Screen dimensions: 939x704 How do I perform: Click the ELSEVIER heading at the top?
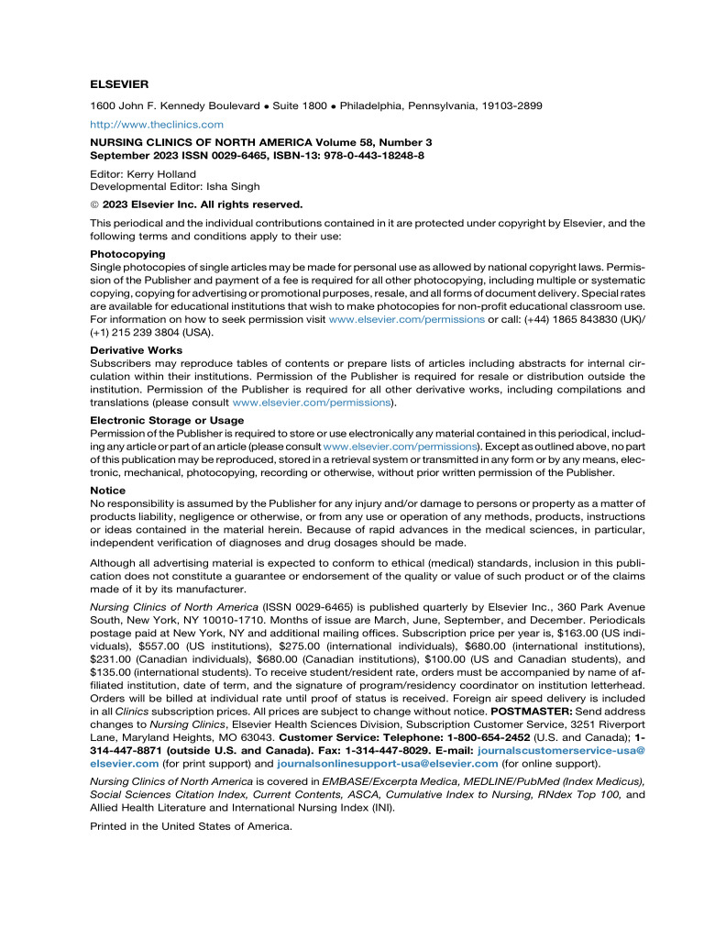click(123, 85)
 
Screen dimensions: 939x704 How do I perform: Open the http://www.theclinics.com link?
click(156, 124)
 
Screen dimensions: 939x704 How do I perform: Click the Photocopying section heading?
click(127, 253)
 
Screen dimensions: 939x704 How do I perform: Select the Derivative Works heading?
click(136, 349)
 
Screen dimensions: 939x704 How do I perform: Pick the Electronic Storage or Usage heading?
click(167, 420)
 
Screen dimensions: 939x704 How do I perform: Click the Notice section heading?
click(107, 491)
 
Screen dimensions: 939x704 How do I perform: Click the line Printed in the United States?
click(191, 852)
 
